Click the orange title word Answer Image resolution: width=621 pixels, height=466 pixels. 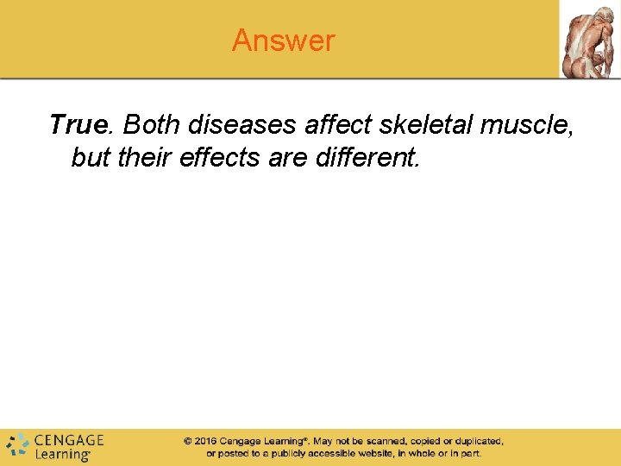(283, 41)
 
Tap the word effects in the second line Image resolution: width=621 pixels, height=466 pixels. (225, 159)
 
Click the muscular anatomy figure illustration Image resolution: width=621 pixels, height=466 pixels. (590, 40)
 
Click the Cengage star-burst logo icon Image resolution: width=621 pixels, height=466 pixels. (17, 444)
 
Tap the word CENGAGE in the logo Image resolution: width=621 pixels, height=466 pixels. (69, 439)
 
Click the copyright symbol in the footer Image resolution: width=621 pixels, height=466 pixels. (187, 441)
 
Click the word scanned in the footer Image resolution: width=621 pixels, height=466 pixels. (384, 441)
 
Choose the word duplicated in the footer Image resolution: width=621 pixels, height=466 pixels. (474, 441)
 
